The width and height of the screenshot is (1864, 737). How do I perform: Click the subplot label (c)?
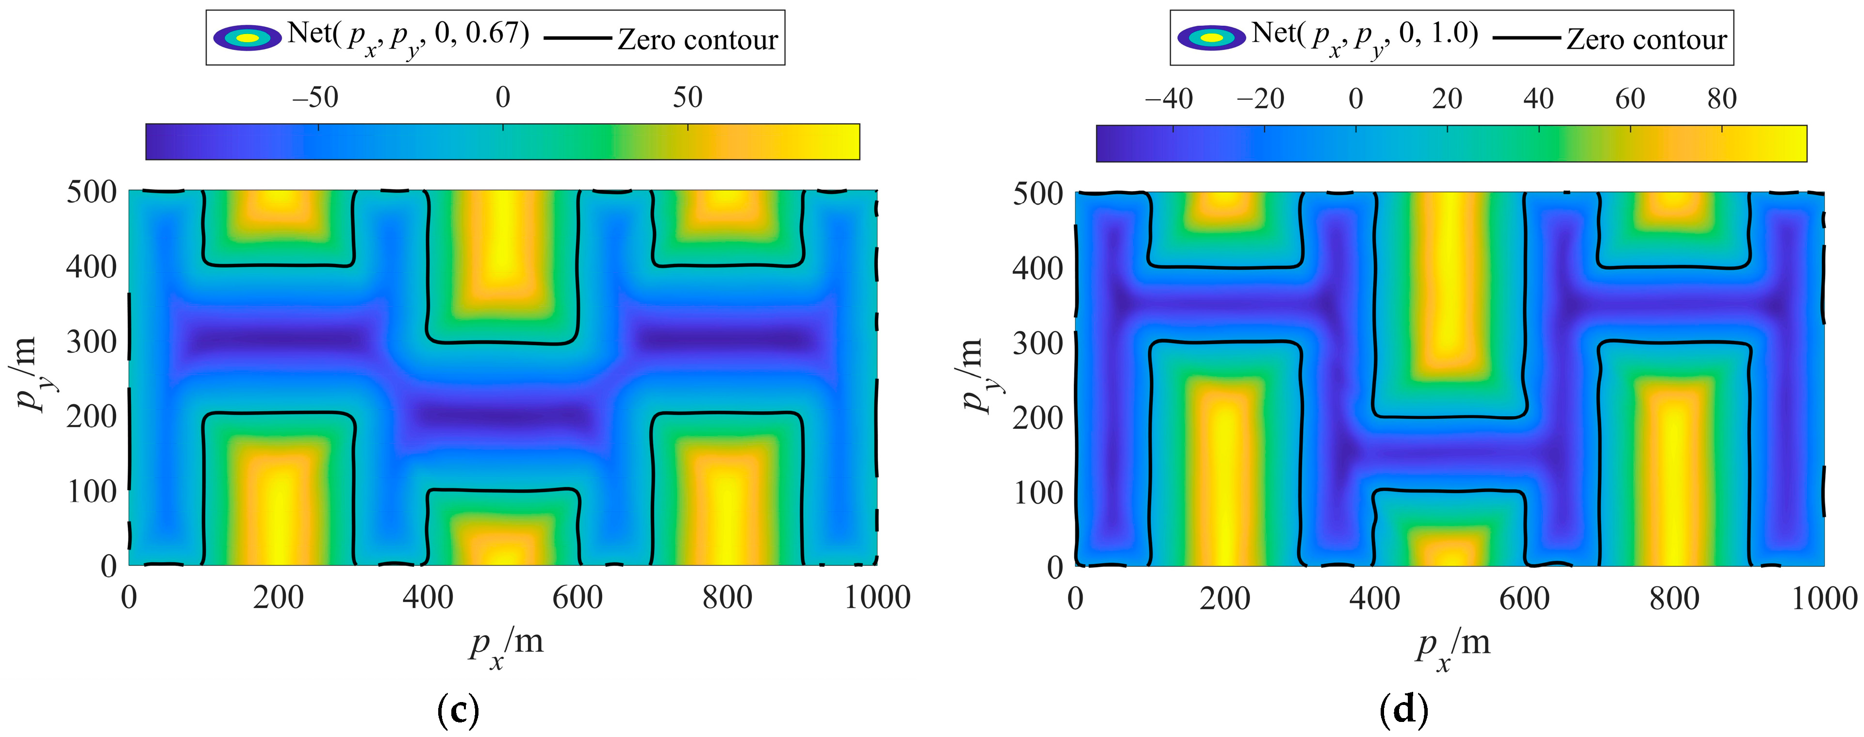point(458,712)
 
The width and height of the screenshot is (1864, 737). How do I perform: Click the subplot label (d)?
point(1404,712)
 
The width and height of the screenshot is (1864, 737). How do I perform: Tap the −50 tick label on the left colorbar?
point(315,98)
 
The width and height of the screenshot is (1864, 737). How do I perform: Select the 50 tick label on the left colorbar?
point(688,98)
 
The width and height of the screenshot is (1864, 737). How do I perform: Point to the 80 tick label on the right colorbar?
point(1721,99)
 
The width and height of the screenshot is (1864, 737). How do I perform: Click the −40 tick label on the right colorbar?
point(1169,99)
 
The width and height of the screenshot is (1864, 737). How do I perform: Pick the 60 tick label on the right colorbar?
point(1630,99)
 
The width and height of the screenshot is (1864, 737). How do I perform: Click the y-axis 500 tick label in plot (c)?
point(91,193)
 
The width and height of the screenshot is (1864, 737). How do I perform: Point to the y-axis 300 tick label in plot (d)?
point(1037,344)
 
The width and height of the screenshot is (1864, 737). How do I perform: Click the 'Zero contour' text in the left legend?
point(697,40)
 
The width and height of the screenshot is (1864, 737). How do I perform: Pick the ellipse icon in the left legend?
point(247,38)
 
